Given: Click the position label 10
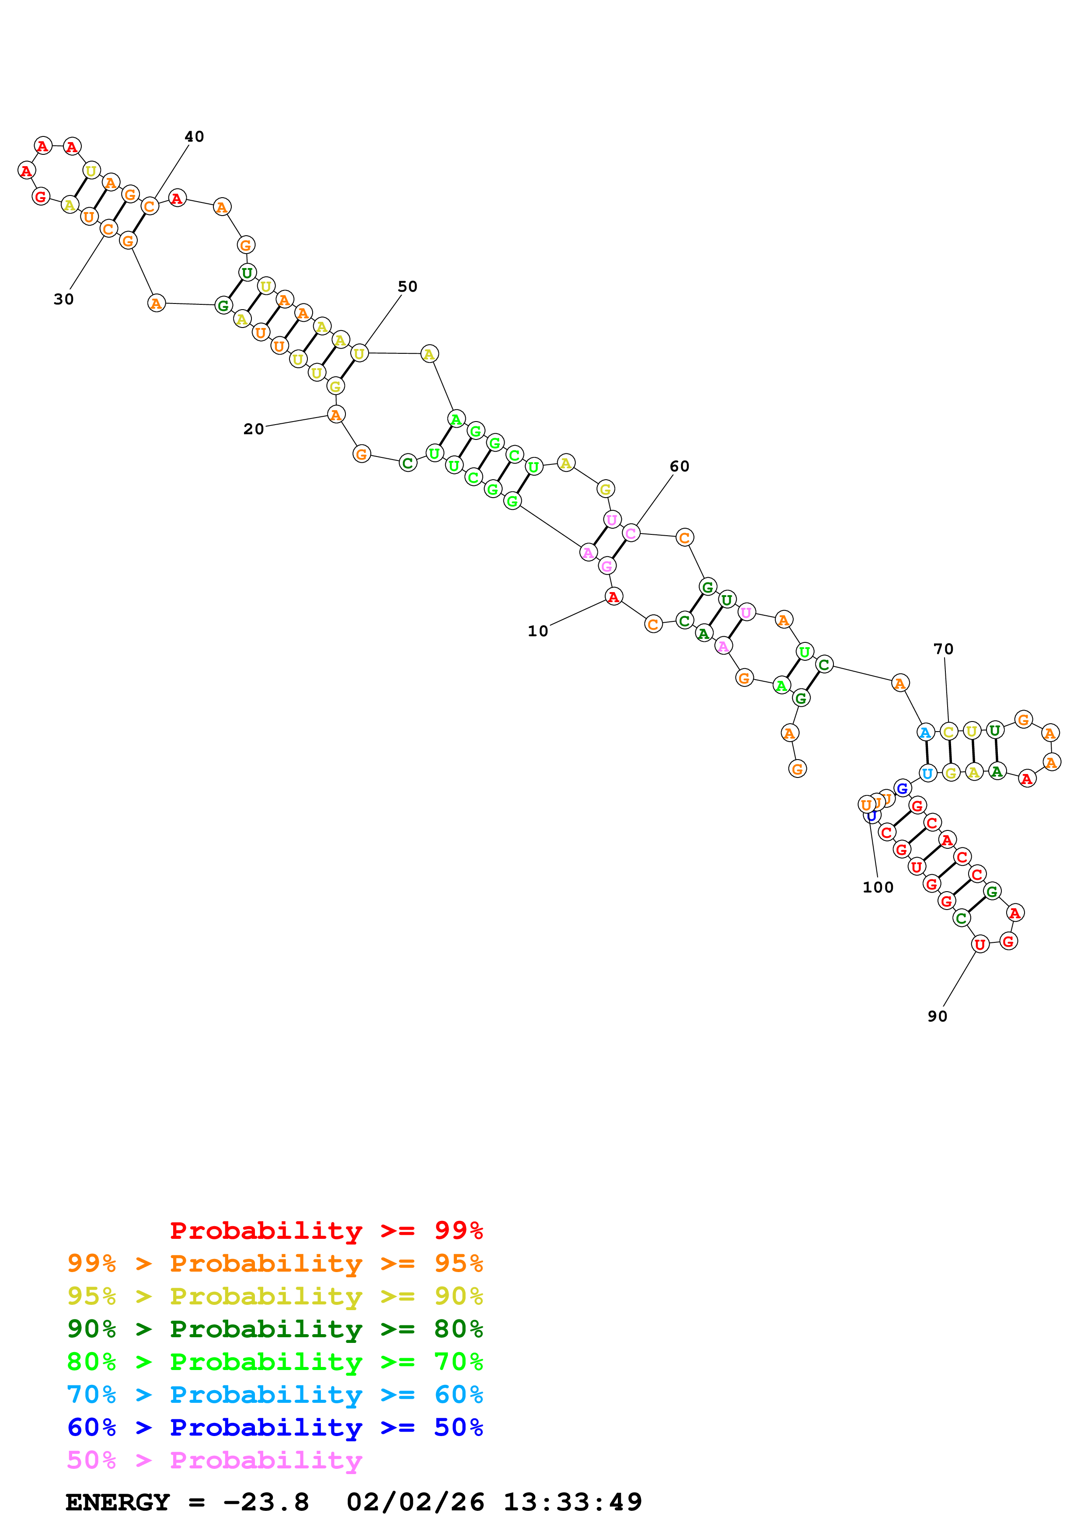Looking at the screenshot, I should (x=538, y=631).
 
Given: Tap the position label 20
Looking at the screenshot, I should (x=253, y=429).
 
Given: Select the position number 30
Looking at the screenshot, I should (x=63, y=299).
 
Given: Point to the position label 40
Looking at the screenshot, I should (x=194, y=136).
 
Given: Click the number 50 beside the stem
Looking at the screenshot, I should (x=408, y=286).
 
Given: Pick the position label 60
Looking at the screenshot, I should (x=679, y=466).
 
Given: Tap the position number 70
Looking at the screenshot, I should (x=943, y=649).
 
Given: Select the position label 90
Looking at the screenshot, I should (x=937, y=1016).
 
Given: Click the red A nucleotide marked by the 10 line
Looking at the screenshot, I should (x=613, y=596).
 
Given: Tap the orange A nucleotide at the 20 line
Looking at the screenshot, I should (x=336, y=415).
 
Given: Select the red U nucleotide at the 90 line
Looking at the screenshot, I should (x=979, y=944).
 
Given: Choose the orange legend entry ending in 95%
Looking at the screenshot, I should (x=275, y=1263).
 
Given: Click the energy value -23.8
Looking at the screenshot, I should (x=266, y=1502).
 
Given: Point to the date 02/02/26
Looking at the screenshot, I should (x=415, y=1502).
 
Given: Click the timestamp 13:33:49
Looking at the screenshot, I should (x=572, y=1502).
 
